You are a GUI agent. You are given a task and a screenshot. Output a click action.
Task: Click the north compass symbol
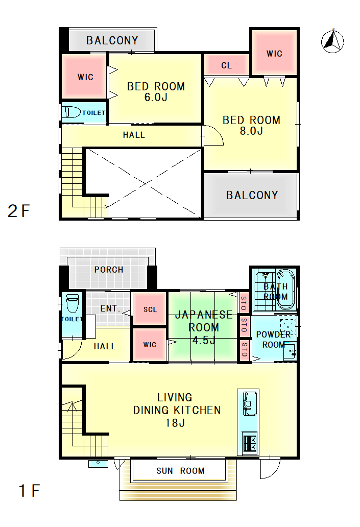point(332,41)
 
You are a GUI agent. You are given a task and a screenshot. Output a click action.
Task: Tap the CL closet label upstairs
point(226,65)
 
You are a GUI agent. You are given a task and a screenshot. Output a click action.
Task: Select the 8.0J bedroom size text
point(251,131)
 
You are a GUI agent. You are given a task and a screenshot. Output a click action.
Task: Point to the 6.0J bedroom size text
point(156,97)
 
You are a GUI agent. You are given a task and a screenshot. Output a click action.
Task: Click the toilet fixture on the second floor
point(71,112)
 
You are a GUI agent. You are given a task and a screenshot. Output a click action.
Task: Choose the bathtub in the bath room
point(285,289)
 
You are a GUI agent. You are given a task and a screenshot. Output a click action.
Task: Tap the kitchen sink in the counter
point(250,403)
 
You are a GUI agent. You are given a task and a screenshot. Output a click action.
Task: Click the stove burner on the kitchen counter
point(250,443)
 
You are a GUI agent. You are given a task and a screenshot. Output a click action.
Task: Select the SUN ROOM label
point(180,470)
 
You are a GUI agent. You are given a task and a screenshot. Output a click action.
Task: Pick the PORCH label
point(109,270)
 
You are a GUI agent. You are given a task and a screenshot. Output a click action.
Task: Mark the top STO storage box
point(244,303)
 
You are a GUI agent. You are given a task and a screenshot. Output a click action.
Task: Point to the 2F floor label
point(18,211)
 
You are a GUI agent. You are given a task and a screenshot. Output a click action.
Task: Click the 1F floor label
point(30,490)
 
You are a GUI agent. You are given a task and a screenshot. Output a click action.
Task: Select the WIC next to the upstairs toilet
point(85,77)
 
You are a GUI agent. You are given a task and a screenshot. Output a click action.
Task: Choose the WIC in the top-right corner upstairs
point(274,53)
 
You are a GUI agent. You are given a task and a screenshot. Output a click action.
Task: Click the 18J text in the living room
point(175,423)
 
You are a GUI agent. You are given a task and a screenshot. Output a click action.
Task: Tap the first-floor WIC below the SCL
point(150,345)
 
